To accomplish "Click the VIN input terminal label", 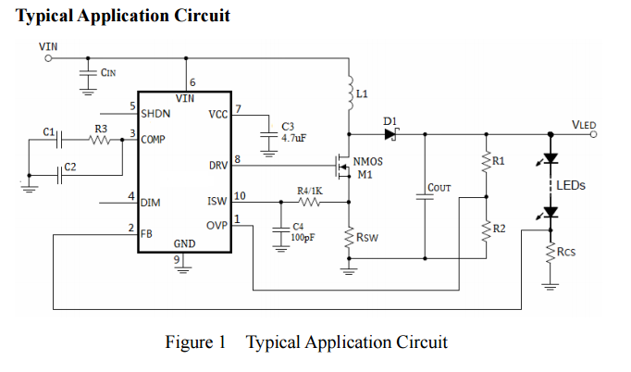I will (46, 44).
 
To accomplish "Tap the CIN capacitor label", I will (107, 74).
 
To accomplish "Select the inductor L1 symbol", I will (350, 93).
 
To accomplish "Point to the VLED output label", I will (584, 123).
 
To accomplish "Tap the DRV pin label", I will (218, 166).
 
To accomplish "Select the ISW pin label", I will (217, 200).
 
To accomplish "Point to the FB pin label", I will (146, 234).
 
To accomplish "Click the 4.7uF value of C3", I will (293, 137).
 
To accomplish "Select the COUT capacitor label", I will (439, 188).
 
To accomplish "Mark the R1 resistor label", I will (499, 161).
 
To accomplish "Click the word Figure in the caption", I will (190, 342).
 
